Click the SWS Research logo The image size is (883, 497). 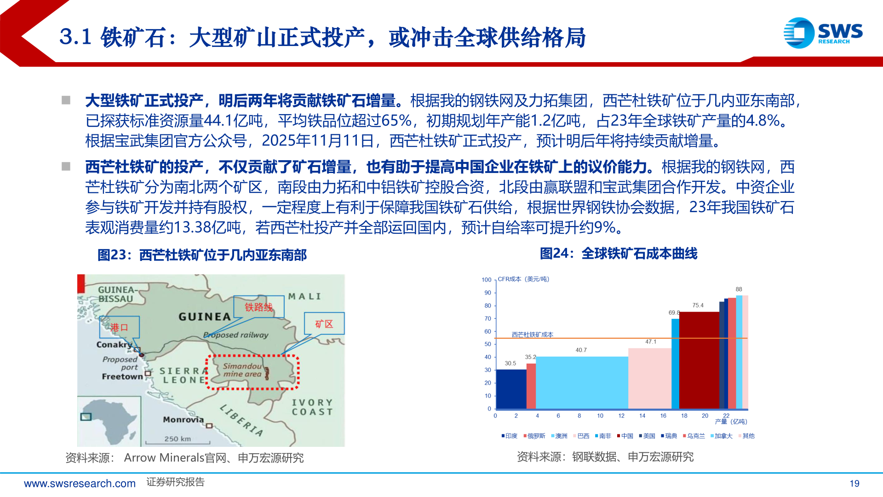click(x=823, y=33)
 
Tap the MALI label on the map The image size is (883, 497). click(x=304, y=296)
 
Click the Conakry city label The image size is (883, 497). click(x=114, y=345)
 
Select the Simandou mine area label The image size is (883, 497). click(x=242, y=370)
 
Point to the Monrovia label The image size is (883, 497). click(x=183, y=419)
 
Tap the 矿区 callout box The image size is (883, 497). click(x=324, y=324)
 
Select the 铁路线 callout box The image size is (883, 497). click(x=258, y=307)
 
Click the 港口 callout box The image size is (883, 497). click(x=119, y=327)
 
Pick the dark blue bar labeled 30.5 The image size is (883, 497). click(x=510, y=389)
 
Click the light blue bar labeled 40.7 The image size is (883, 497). click(x=582, y=382)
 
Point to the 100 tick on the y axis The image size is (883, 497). click(x=486, y=280)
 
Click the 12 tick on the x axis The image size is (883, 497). click(x=621, y=416)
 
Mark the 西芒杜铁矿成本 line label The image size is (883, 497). click(x=532, y=335)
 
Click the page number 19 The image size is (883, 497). click(x=854, y=484)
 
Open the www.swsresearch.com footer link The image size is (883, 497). click(x=80, y=484)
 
